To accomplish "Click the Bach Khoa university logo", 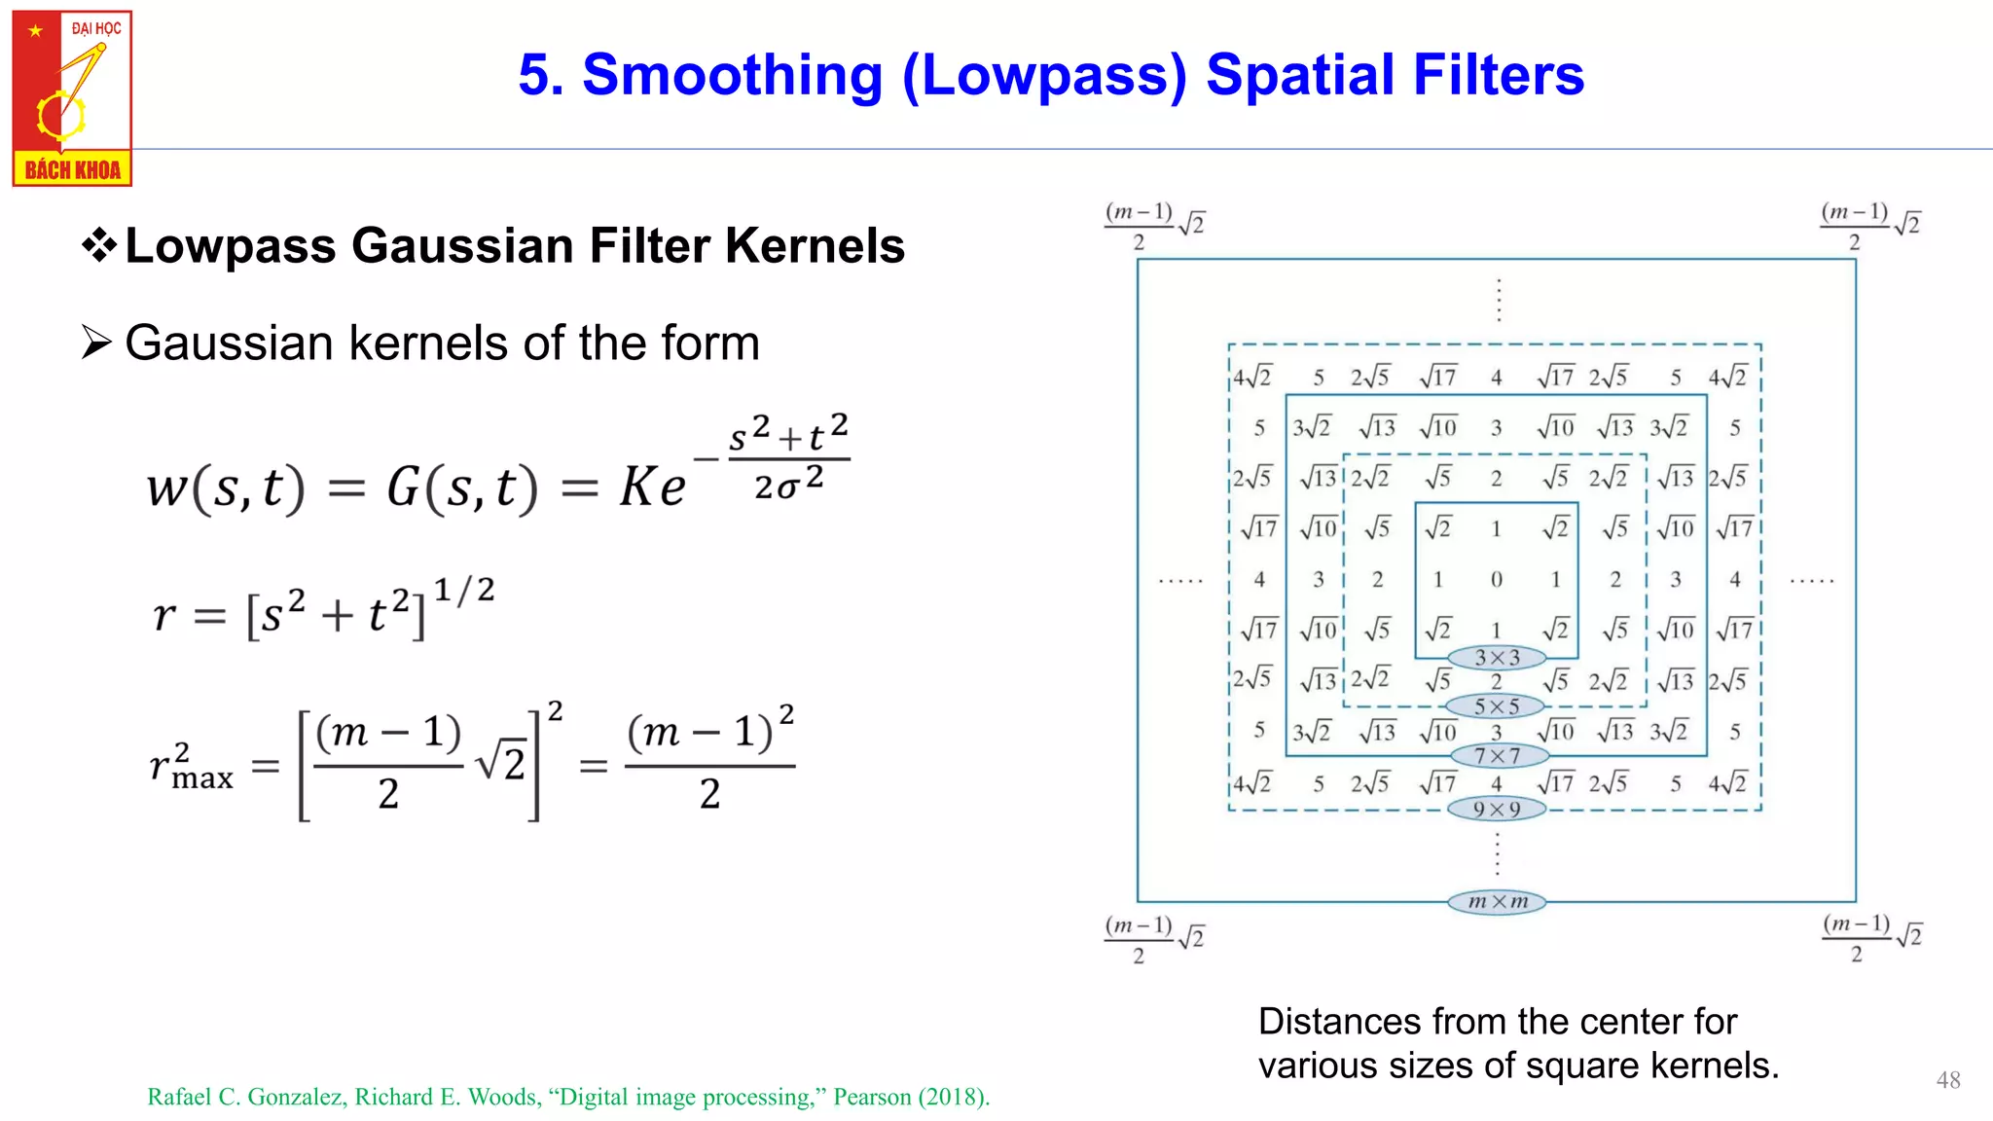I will pyautogui.click(x=72, y=97).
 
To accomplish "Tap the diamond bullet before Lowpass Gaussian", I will pyautogui.click(x=98, y=244).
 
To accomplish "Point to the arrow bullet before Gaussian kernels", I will pyautogui.click(x=96, y=343).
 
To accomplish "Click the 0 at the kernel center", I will pyautogui.click(x=1497, y=580).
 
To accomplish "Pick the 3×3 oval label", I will pyautogui.click(x=1497, y=658).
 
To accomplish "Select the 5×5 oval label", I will pyautogui.click(x=1497, y=706).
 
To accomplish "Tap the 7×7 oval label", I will pyautogui.click(x=1497, y=756).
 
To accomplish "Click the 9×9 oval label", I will pyautogui.click(x=1497, y=809).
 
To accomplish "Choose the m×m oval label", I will pyautogui.click(x=1497, y=902).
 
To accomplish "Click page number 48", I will pyautogui.click(x=1948, y=1080).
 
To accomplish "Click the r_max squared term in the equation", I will pyautogui.click(x=191, y=766).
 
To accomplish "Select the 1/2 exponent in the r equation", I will pyautogui.click(x=464, y=590).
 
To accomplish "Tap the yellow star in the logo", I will pyautogui.click(x=35, y=31).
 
